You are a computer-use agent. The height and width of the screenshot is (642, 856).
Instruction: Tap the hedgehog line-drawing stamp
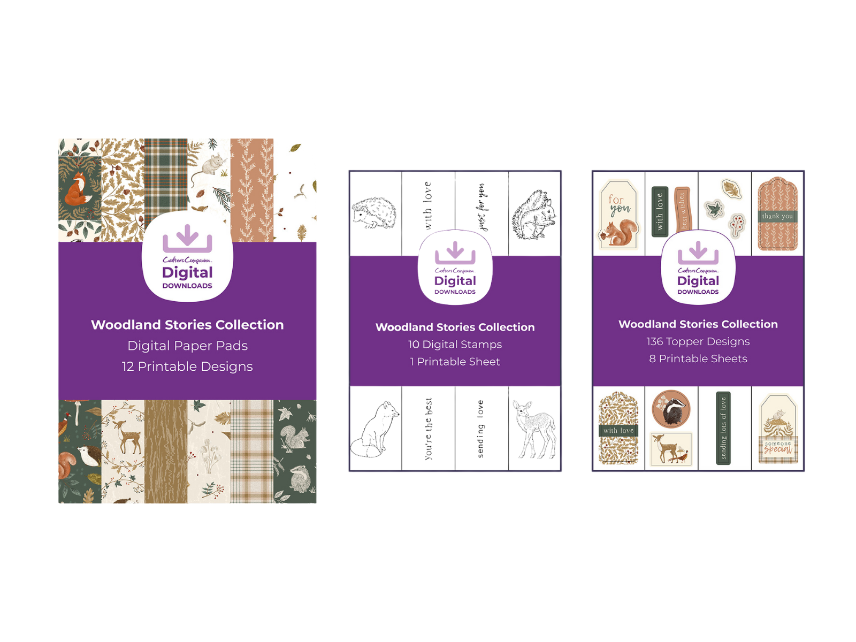click(x=374, y=213)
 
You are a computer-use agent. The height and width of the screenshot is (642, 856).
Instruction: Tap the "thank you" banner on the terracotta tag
click(x=777, y=216)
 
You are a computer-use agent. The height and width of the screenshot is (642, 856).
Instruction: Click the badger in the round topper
click(x=671, y=409)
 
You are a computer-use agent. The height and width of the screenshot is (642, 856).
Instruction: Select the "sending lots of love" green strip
click(x=723, y=428)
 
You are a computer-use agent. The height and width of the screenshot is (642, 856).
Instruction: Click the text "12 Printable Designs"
click(x=187, y=366)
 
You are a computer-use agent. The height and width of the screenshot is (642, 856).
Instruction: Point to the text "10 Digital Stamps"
click(x=455, y=345)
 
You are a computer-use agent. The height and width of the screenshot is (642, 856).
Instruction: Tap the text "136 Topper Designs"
click(x=698, y=341)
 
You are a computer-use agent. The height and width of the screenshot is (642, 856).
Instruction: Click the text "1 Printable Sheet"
click(x=455, y=362)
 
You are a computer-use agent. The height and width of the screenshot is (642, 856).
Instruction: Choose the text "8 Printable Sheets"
click(x=698, y=358)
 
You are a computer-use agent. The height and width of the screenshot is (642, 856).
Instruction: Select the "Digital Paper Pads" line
click(x=187, y=346)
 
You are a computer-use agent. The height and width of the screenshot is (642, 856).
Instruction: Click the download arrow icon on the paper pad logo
click(x=187, y=239)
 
